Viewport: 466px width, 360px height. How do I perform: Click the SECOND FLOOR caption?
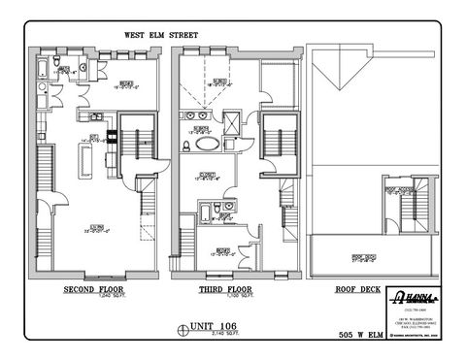(93, 289)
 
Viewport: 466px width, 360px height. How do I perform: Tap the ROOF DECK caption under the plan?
(346, 289)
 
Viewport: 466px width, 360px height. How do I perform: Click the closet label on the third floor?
(209, 178)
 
